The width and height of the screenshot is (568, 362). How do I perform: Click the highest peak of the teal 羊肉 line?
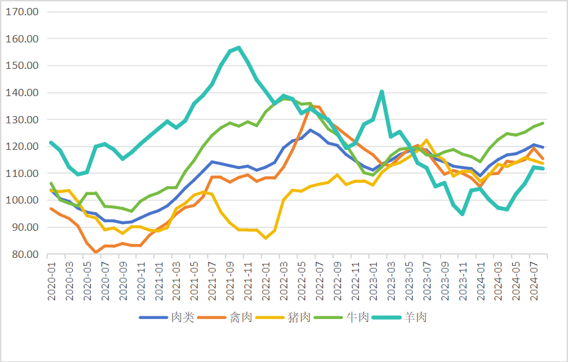click(239, 48)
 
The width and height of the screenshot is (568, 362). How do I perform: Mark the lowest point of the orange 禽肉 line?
click(97, 252)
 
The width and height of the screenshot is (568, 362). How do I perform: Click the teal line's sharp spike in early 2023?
click(382, 91)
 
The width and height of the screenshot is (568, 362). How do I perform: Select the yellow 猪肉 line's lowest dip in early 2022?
click(266, 237)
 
